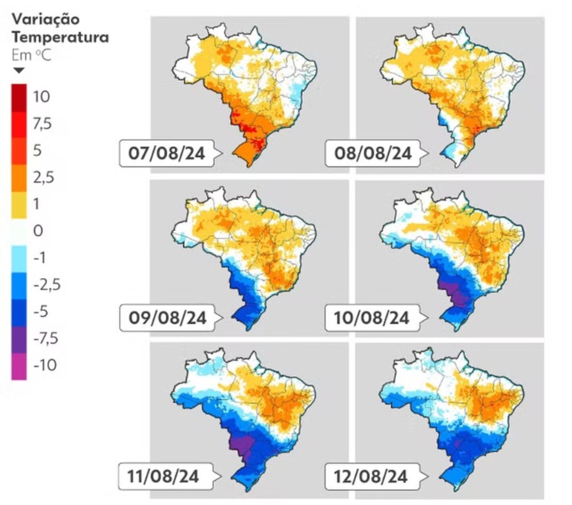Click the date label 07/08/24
tap(166, 153)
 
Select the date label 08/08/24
tap(373, 153)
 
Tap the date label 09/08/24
tap(167, 318)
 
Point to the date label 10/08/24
tap(372, 318)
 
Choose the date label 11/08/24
tap(163, 476)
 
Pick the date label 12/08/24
tap(371, 476)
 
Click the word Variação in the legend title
tap(46, 19)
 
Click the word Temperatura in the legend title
tap(60, 37)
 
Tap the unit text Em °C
tap(31, 55)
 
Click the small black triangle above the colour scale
tap(19, 71)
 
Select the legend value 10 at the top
tap(41, 96)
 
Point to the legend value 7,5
tap(43, 124)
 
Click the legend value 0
tap(38, 231)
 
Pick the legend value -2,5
tap(46, 285)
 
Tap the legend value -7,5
tap(46, 339)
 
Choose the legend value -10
tap(45, 365)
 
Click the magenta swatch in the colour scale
tap(19, 367)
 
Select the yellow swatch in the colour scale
tap(19, 205)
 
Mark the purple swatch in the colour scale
tap(19, 340)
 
